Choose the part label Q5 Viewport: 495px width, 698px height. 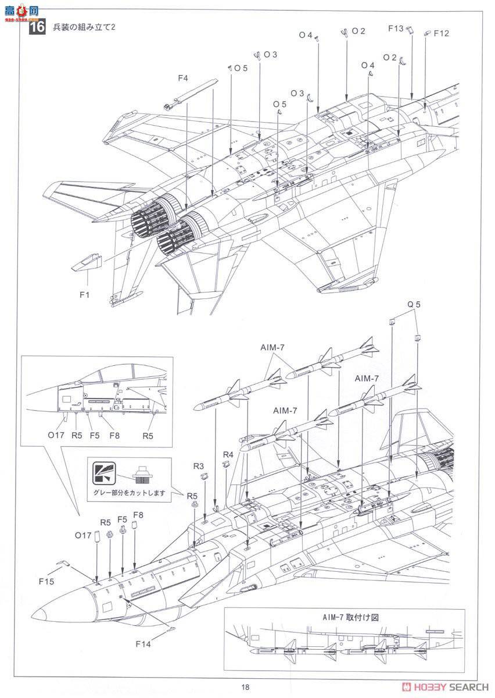tap(413, 304)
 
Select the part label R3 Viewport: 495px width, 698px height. tap(199, 466)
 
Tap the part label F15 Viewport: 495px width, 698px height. tap(47, 581)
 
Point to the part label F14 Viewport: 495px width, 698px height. tap(144, 643)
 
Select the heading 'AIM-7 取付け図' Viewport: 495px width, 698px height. tap(344, 617)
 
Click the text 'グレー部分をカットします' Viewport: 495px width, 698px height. tap(129, 493)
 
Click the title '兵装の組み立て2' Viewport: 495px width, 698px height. tap(85, 27)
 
